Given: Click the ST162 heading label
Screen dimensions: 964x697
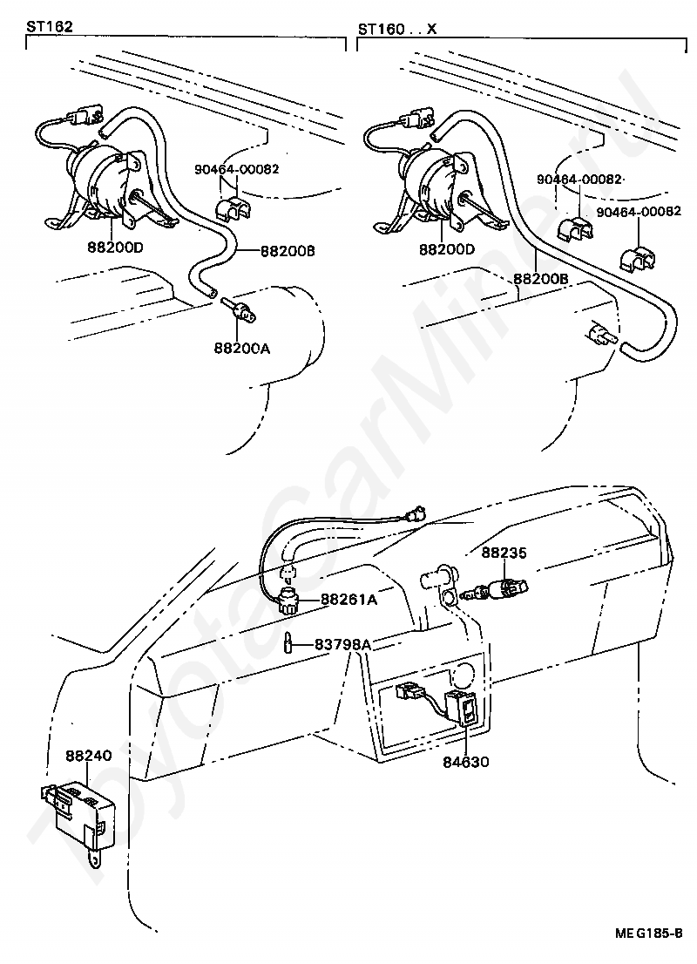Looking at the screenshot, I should pos(49,28).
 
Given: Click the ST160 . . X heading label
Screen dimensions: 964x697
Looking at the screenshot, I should pos(396,29).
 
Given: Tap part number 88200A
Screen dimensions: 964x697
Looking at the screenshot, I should pos(241,348).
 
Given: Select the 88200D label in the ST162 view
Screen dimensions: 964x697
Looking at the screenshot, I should pos(116,248).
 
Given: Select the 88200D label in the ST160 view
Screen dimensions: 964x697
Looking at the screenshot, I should pos(447,249).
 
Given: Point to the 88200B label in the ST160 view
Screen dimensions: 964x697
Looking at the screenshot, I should pos(540,279).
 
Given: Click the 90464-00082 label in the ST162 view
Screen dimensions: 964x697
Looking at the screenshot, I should pos(238,169).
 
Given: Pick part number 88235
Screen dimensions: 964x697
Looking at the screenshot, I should pos(504,552).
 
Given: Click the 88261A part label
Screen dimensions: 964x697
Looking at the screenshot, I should pos(348,600).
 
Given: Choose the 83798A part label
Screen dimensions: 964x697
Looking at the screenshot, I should pos(342,644).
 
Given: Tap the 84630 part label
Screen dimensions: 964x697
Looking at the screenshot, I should pos(465,761).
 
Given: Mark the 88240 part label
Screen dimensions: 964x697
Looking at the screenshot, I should pos(88,755).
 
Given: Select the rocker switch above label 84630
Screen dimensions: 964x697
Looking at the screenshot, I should pos(462,708).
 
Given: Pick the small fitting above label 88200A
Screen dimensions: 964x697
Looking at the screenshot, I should pos(236,308).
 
